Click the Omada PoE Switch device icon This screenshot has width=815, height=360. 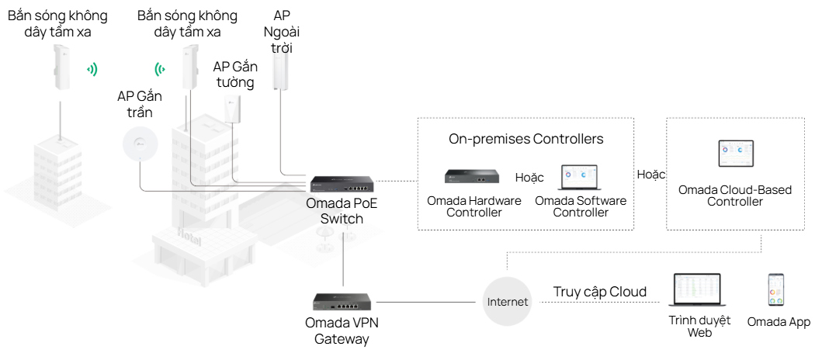coord(342,184)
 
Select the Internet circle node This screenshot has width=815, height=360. coord(507,301)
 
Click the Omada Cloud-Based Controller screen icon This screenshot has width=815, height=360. coord(735,155)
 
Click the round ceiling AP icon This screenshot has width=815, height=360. coord(140,142)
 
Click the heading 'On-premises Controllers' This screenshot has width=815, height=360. coord(525,140)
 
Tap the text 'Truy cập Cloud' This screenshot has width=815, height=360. coord(599,292)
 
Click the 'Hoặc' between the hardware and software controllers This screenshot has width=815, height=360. coord(529,178)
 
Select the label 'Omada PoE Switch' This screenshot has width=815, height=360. coord(342,211)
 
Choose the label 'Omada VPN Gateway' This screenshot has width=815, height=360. coord(342,331)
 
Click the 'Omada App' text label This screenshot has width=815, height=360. coord(778,322)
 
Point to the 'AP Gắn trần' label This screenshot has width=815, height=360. coord(140,104)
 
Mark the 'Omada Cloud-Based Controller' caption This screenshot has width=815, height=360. coord(734,196)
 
